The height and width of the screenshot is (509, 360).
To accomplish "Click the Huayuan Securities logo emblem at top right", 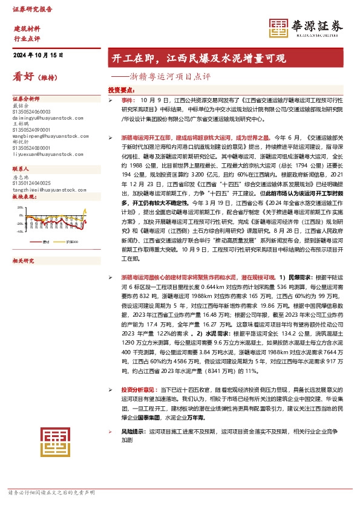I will coord(279,27).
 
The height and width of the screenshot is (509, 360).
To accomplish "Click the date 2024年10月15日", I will coord(38,55).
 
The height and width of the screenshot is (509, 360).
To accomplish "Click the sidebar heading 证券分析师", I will coord(26,98).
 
